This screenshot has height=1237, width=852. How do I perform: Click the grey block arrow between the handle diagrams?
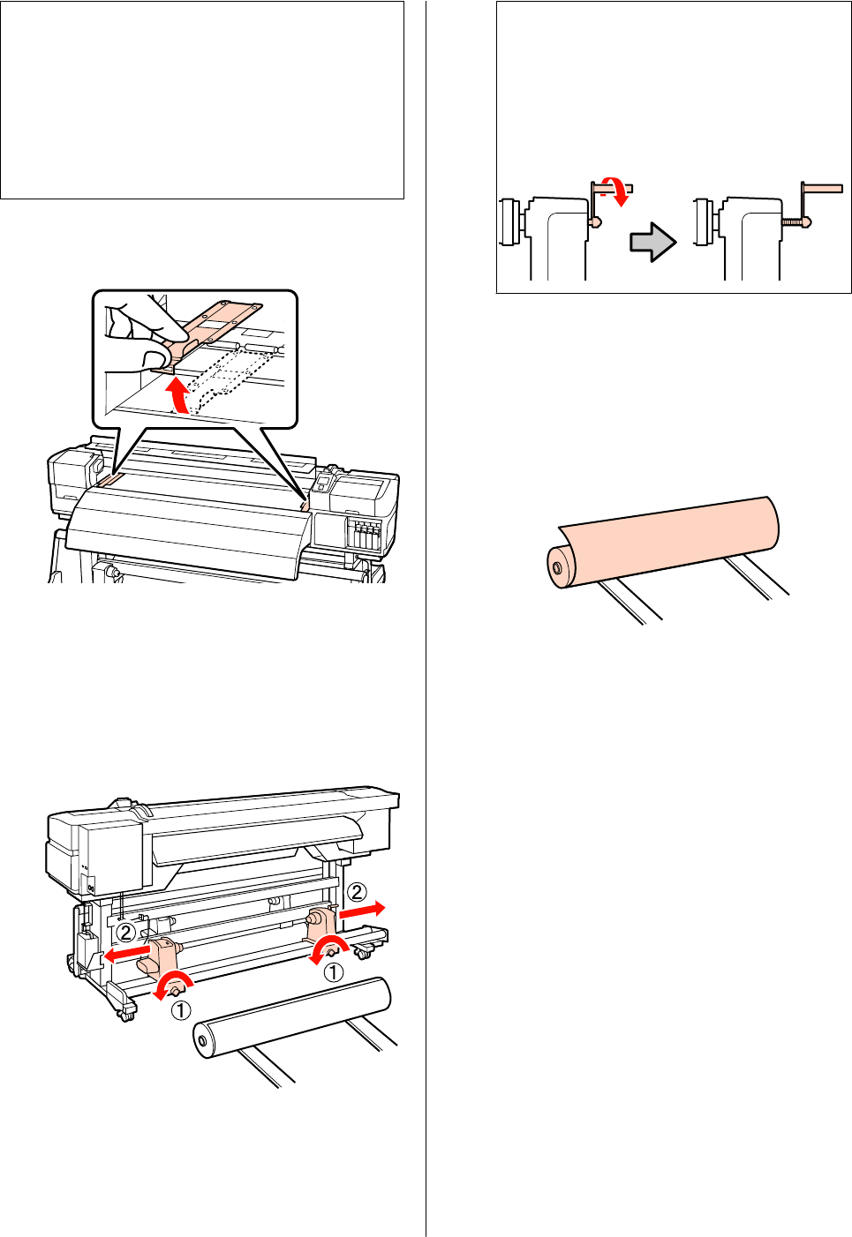[652, 242]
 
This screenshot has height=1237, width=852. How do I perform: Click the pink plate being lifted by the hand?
[216, 322]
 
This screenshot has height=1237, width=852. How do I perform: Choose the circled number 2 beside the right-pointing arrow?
[356, 893]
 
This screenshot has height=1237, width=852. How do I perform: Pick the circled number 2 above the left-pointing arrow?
[126, 932]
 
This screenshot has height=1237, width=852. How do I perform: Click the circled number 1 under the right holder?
[333, 972]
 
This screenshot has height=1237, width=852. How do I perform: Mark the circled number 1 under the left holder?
[180, 1009]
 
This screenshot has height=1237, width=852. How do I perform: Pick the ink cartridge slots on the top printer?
[362, 533]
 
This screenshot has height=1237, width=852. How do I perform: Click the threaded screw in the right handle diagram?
[794, 223]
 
